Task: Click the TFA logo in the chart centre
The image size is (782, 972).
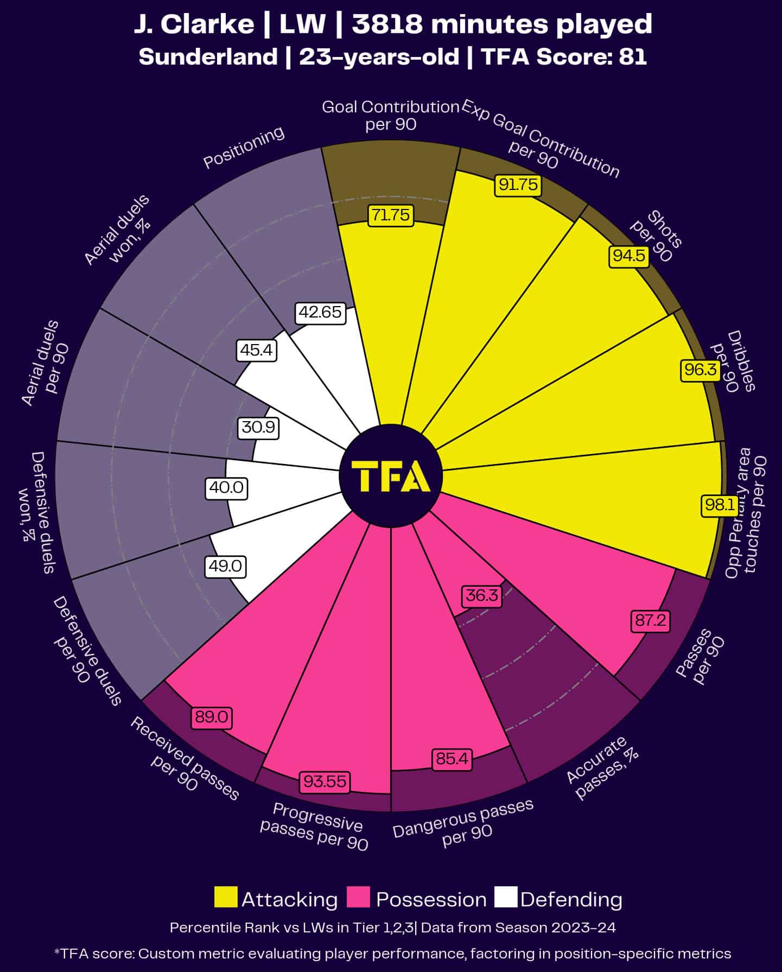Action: [x=391, y=476]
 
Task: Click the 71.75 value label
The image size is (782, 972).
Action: [x=390, y=215]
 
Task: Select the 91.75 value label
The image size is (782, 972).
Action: [x=518, y=185]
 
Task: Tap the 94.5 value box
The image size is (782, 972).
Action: [x=629, y=256]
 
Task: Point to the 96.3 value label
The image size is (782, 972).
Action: [x=700, y=370]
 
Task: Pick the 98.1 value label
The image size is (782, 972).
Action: [x=720, y=505]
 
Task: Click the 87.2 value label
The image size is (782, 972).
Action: [x=650, y=620]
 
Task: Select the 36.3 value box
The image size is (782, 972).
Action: [x=481, y=596]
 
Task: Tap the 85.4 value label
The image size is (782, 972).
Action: [x=452, y=758]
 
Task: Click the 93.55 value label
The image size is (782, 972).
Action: [x=325, y=782]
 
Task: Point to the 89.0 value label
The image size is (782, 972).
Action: [x=211, y=717]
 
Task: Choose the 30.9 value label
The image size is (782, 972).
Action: [x=258, y=428]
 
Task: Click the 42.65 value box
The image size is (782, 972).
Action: [x=321, y=313]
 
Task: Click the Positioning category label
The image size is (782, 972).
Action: [x=244, y=147]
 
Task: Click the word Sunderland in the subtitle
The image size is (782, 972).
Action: [x=208, y=56]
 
